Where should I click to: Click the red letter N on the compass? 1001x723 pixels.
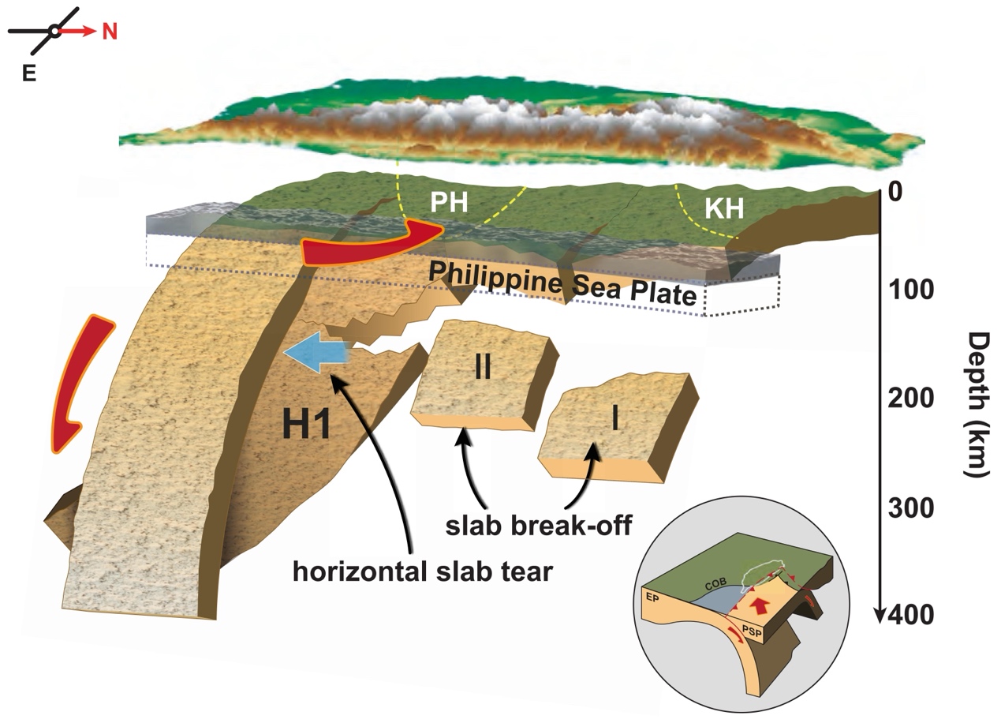click(x=110, y=32)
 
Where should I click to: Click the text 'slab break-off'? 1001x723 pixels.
click(x=538, y=525)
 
